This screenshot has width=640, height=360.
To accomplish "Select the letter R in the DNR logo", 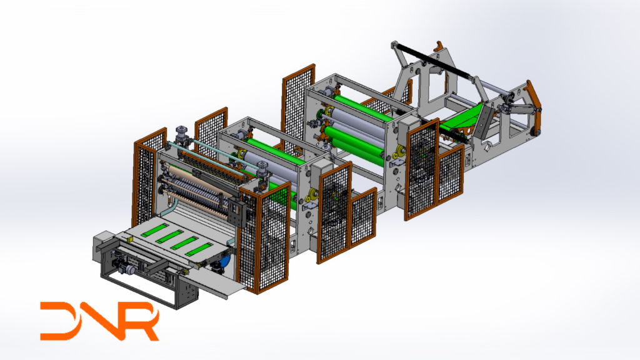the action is coord(140,321).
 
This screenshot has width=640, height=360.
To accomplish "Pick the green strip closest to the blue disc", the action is coord(199,249).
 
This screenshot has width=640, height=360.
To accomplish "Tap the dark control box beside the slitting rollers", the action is coord(237,210).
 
